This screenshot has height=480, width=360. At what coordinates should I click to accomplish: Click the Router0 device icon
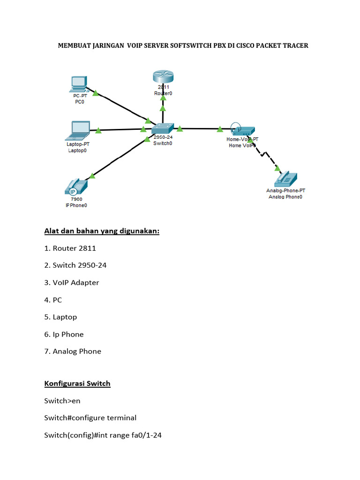pos(163,77)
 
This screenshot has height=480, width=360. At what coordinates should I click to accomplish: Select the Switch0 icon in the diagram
pos(163,128)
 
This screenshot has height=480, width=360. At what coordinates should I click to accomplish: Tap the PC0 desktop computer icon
pos(77,84)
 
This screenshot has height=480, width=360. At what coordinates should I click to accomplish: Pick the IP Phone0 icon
pos(75,187)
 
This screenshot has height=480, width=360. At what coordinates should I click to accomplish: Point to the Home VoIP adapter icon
pos(242,130)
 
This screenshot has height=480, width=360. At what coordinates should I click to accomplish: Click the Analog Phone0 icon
pos(286,179)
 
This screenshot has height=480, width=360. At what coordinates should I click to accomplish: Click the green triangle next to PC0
pos(95,93)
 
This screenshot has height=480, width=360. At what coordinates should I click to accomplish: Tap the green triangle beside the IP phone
pos(92,175)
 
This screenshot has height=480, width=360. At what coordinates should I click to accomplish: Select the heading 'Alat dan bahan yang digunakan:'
pos(102,231)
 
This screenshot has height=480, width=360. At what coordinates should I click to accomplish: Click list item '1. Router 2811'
pos(70,248)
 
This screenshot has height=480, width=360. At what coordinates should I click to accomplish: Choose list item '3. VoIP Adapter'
pos(72,283)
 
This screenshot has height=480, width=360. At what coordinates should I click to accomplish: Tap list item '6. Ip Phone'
pos(64,334)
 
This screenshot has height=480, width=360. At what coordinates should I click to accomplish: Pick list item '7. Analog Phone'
pos(73,351)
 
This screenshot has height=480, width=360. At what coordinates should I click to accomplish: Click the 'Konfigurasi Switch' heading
pos(77,383)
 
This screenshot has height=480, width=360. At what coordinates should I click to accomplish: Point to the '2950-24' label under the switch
pos(163,138)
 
